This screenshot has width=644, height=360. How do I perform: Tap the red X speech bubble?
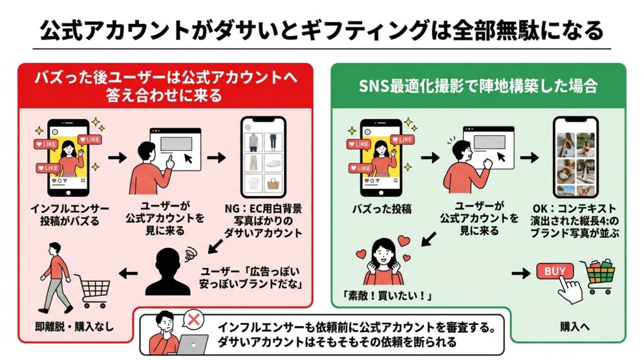coord(194,320)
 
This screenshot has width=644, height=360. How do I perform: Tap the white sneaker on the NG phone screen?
coord(274,162)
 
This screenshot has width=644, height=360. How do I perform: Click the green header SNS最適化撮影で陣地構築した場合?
coord(477,86)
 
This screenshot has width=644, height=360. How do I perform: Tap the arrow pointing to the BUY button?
coord(519,273)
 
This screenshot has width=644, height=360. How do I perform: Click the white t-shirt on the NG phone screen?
coord(252,184)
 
